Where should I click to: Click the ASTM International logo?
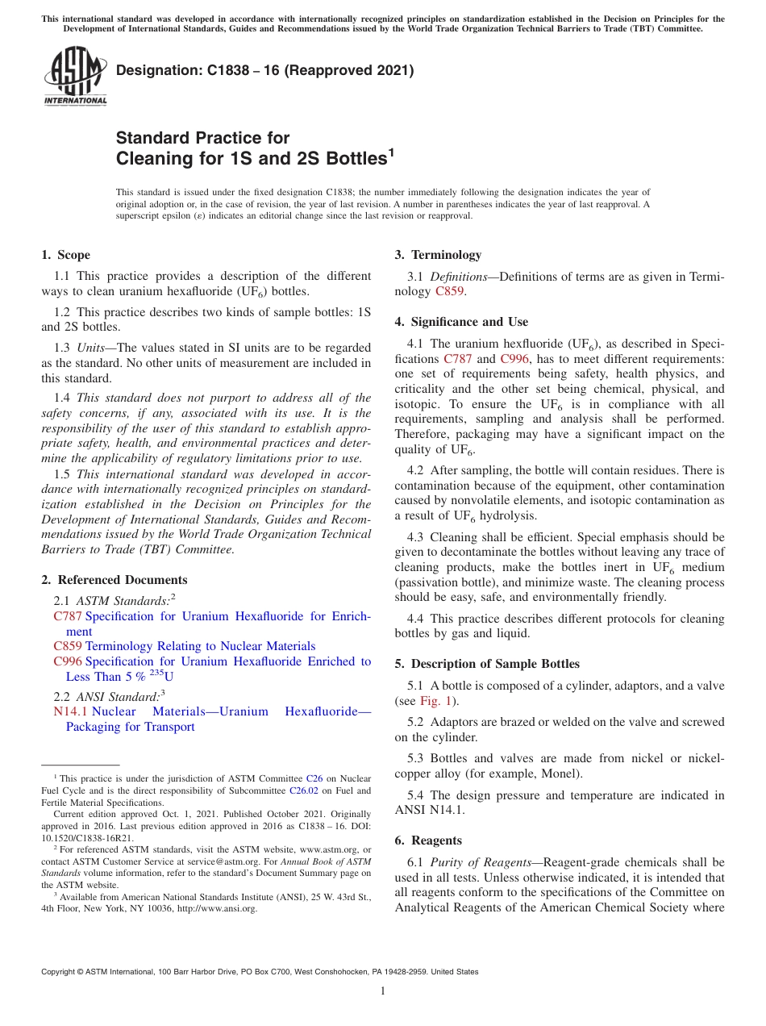click(74, 78)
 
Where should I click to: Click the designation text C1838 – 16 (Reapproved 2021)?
click(264, 71)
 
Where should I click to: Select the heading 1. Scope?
click(65, 255)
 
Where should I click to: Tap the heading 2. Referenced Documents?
click(114, 580)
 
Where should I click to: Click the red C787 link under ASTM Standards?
click(68, 616)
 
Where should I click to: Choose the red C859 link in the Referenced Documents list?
click(68, 646)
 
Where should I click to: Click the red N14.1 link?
click(70, 711)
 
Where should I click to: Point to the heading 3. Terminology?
click(438, 255)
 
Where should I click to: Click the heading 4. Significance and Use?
click(461, 322)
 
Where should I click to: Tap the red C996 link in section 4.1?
click(514, 358)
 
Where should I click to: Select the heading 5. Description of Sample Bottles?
click(487, 664)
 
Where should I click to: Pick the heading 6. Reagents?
click(428, 840)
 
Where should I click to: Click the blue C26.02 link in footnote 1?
click(303, 790)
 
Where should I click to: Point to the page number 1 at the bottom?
click(383, 991)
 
